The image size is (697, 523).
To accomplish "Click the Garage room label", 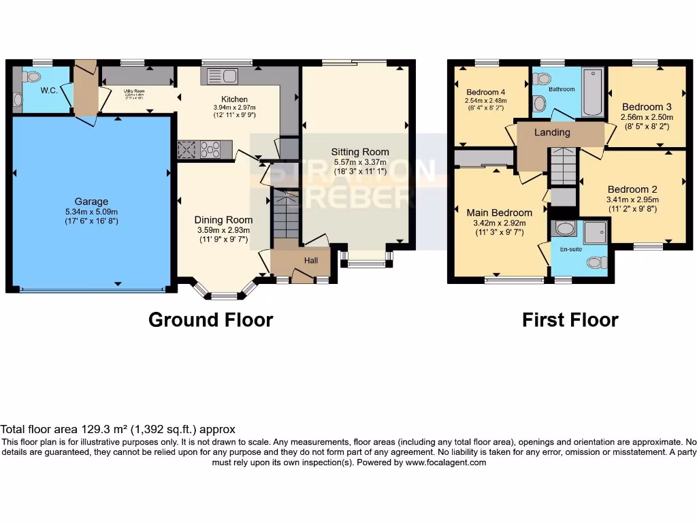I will click(x=91, y=202).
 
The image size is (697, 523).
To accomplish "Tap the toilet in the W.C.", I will click(x=31, y=76).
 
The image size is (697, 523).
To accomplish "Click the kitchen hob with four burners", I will click(x=210, y=149).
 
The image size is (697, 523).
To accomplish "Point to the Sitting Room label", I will click(x=360, y=152).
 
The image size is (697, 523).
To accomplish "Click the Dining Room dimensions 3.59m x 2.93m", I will click(x=223, y=230).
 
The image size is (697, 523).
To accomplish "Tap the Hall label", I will click(x=310, y=259).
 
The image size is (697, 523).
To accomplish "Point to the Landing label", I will click(x=551, y=132).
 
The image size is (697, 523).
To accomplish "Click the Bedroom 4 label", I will click(x=486, y=92).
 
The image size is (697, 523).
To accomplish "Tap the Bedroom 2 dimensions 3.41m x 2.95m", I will click(x=632, y=200).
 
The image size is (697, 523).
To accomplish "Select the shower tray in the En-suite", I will click(x=594, y=233).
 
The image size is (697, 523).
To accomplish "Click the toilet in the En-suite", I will click(x=596, y=262).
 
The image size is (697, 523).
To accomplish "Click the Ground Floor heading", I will click(x=210, y=319).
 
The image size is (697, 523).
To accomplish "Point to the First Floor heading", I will click(x=570, y=319).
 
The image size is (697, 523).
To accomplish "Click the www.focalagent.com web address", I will click(x=446, y=462).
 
